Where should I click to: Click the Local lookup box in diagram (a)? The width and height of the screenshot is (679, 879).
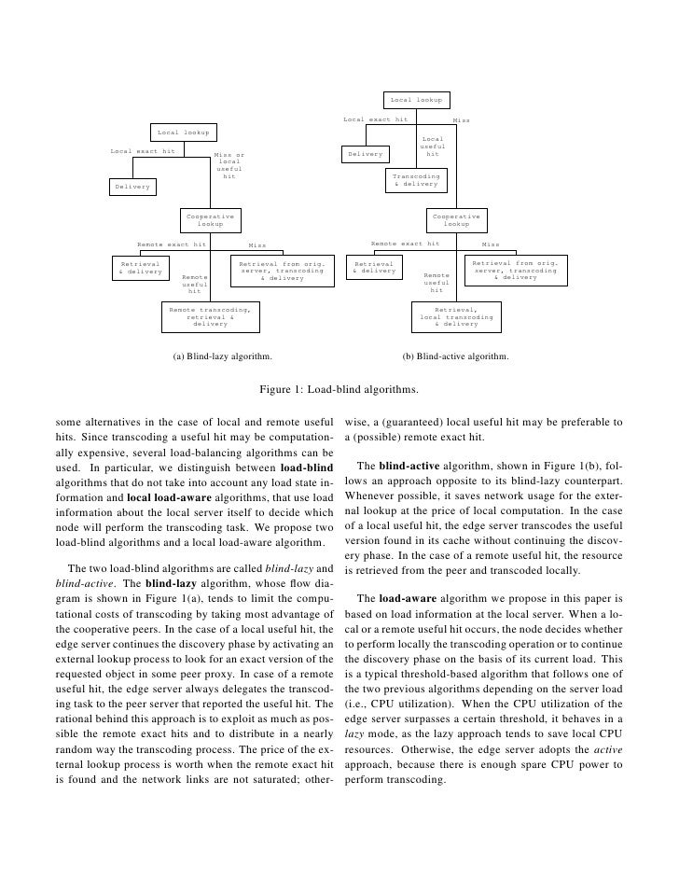(183, 133)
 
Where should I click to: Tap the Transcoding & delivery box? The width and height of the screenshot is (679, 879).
(416, 179)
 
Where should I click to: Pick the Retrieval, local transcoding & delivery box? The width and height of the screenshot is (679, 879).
(455, 316)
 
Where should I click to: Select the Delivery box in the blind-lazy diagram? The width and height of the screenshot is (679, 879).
(132, 187)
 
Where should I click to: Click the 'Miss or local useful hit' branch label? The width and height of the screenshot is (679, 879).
(229, 165)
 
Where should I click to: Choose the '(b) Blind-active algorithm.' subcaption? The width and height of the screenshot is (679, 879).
(455, 356)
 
